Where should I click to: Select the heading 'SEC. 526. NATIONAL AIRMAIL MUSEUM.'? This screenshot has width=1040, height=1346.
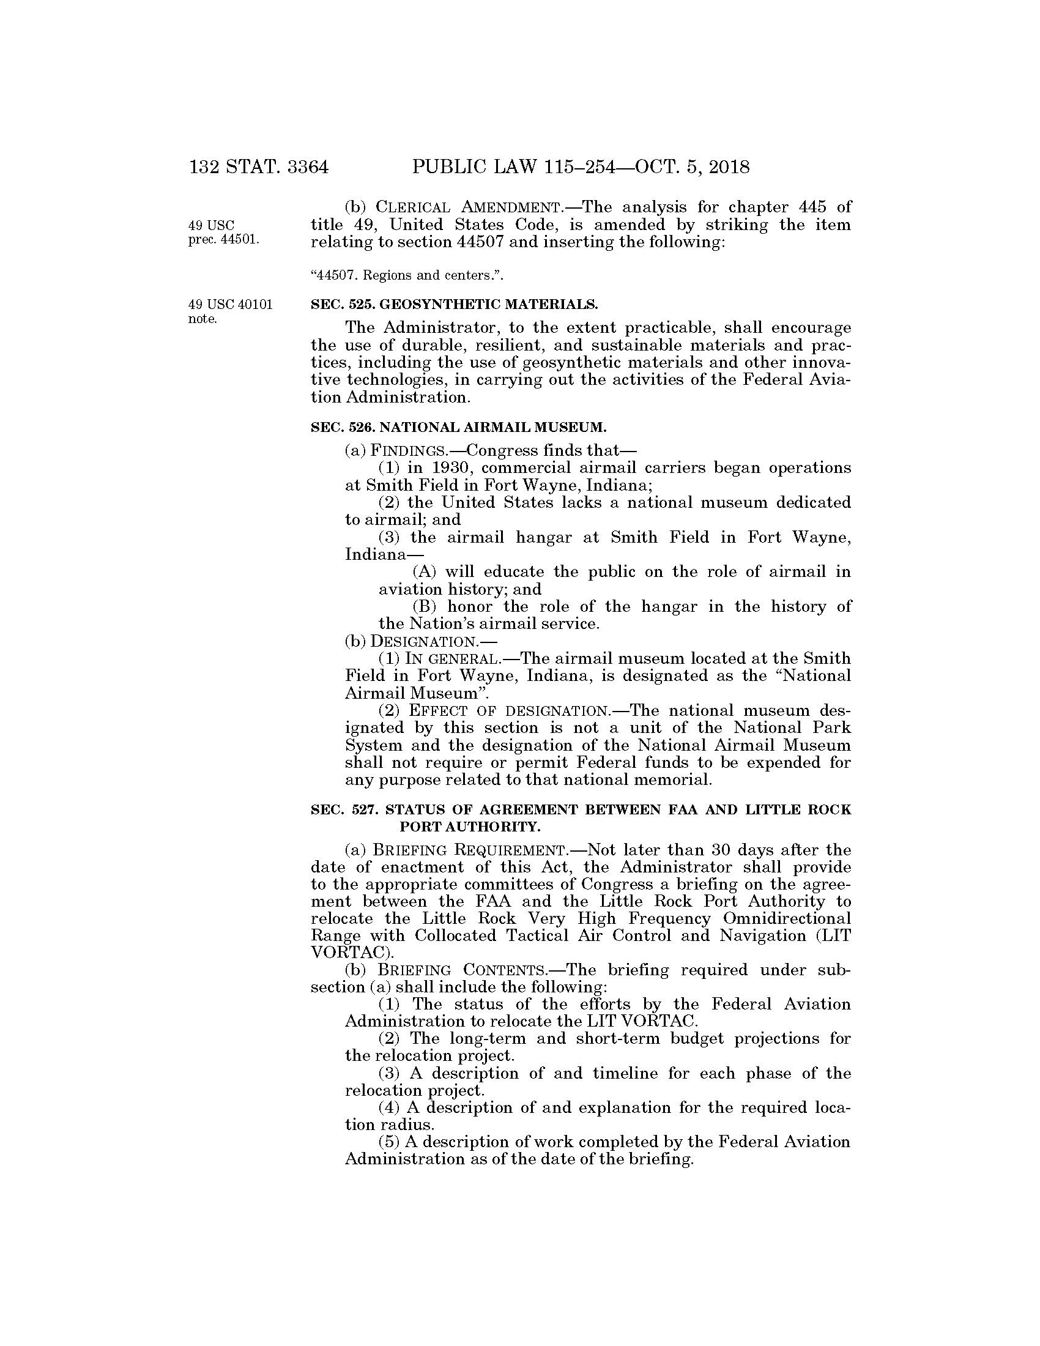459,426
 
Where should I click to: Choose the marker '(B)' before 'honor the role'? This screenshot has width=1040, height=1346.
425,606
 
